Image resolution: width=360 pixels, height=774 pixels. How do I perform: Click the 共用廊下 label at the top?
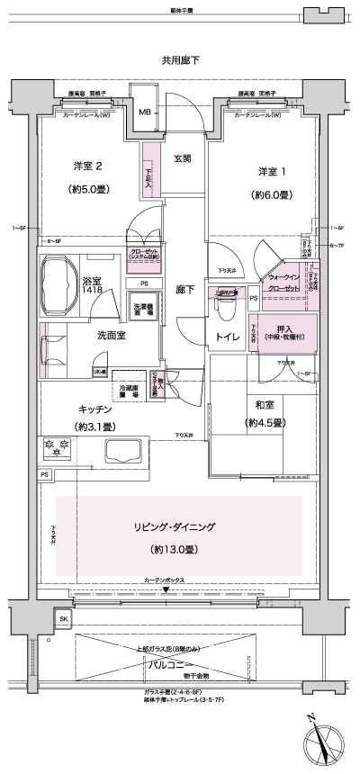pos(180,60)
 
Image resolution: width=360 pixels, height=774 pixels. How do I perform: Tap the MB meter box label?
pos(144,112)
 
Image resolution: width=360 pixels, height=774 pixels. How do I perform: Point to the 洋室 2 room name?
pos(89,166)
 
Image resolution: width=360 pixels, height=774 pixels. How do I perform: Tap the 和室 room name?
pos(263,404)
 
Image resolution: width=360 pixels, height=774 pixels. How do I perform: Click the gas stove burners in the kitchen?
pos(58,447)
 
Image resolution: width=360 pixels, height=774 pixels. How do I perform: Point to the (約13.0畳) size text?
pos(180,548)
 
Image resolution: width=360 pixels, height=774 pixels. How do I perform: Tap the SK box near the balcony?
pos(63,620)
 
